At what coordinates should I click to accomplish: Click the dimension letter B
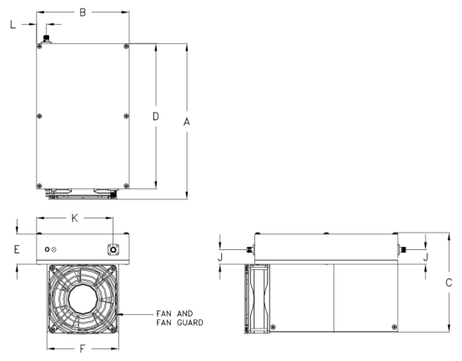[x=83, y=13]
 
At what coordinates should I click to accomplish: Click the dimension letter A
[x=187, y=122]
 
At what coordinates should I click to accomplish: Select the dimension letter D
[x=156, y=117]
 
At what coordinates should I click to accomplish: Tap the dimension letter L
[x=13, y=25]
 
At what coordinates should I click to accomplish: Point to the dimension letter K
[x=75, y=218]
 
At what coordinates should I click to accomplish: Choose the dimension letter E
[x=17, y=249]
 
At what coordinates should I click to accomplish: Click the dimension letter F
[x=83, y=349]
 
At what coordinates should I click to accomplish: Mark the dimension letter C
[x=449, y=283]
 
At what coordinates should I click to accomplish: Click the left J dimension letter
[x=220, y=257]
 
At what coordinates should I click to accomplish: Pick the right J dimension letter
[x=425, y=257]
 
